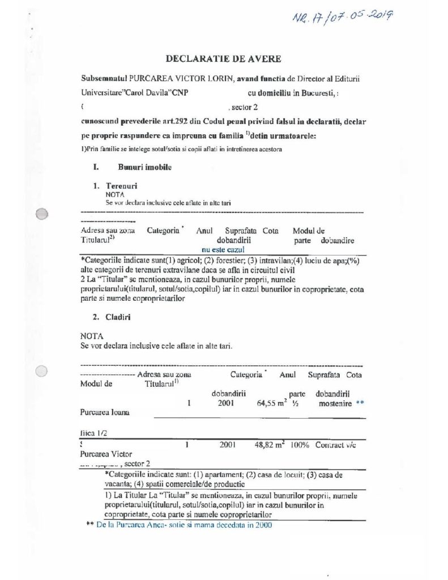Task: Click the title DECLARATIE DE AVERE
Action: (223, 58)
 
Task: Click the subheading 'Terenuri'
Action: (121, 186)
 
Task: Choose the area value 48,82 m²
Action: (269, 445)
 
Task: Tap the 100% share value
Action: (300, 445)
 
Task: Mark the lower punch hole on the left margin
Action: (41, 372)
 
